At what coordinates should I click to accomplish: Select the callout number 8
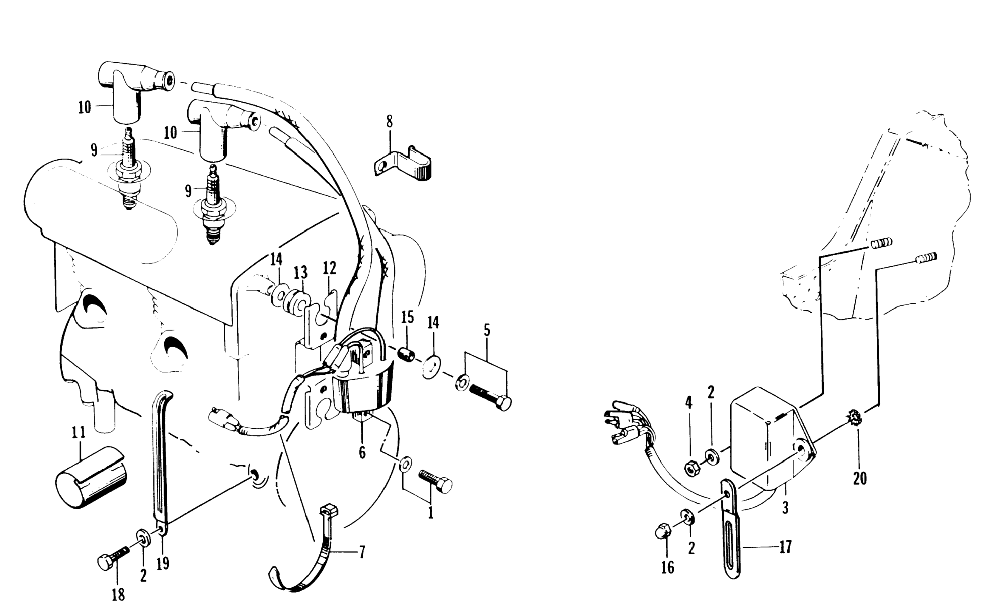click(x=390, y=121)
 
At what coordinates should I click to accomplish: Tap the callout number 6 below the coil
click(x=362, y=452)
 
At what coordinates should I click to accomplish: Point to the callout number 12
click(x=330, y=268)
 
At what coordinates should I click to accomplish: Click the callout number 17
click(x=785, y=547)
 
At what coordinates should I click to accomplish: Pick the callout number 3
click(x=785, y=508)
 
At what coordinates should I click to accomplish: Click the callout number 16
click(x=667, y=567)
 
